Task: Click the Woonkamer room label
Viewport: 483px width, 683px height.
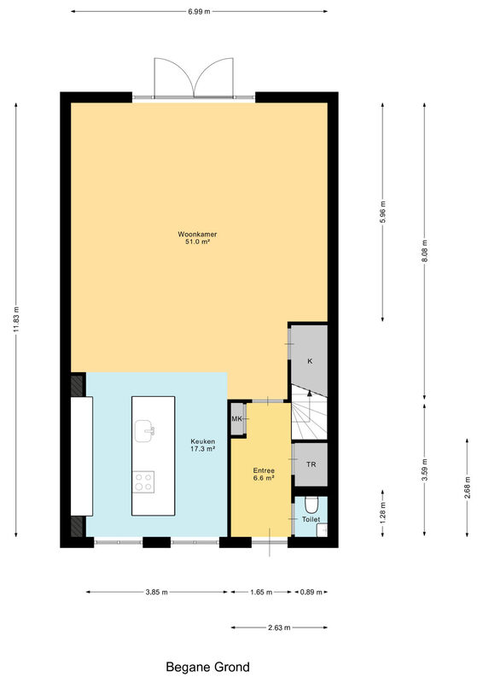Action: point(197,237)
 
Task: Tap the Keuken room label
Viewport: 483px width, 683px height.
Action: point(203,445)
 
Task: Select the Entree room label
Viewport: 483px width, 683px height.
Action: point(264,474)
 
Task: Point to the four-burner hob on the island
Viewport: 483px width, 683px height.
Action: point(143,482)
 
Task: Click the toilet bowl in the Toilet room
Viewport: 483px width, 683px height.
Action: point(311,505)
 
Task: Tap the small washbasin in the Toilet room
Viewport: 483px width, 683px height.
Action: point(322,530)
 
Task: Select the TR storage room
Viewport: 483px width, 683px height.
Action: point(311,464)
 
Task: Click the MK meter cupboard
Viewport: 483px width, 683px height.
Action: point(238,418)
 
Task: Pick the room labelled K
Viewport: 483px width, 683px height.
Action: point(309,360)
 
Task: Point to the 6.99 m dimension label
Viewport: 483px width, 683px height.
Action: point(199,12)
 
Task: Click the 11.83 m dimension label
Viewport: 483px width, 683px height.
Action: point(16,319)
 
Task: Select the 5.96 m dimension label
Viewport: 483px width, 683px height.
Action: point(382,212)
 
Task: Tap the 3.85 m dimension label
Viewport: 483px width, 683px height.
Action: point(157,592)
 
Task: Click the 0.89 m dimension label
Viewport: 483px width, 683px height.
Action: point(311,592)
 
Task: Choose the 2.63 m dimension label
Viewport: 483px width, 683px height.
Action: point(279,628)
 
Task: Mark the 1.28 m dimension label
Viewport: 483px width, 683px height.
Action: point(382,513)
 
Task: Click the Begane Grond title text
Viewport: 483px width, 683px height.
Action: point(207,667)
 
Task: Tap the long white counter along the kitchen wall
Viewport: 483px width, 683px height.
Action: point(82,456)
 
